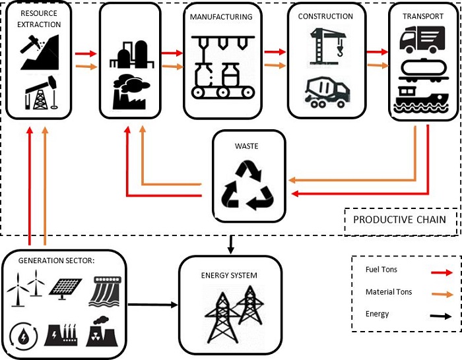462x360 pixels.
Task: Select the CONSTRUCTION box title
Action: click(x=325, y=16)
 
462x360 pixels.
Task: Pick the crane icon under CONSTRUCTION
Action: click(x=326, y=45)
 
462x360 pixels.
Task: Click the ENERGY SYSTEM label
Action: click(x=230, y=275)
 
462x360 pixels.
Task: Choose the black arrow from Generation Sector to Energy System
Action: click(x=153, y=305)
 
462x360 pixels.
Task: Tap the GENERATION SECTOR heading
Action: click(x=57, y=260)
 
